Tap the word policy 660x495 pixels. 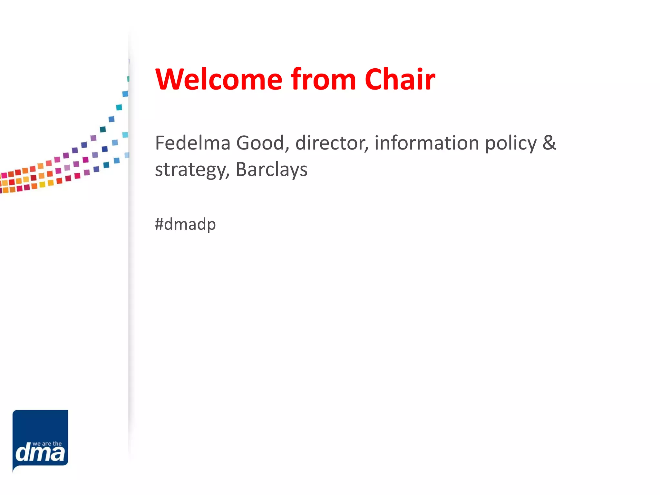point(511,143)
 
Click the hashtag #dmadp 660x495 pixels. point(185,224)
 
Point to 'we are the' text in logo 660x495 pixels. point(47,444)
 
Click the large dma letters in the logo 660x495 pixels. point(40,453)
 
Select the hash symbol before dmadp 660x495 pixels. point(159,224)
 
